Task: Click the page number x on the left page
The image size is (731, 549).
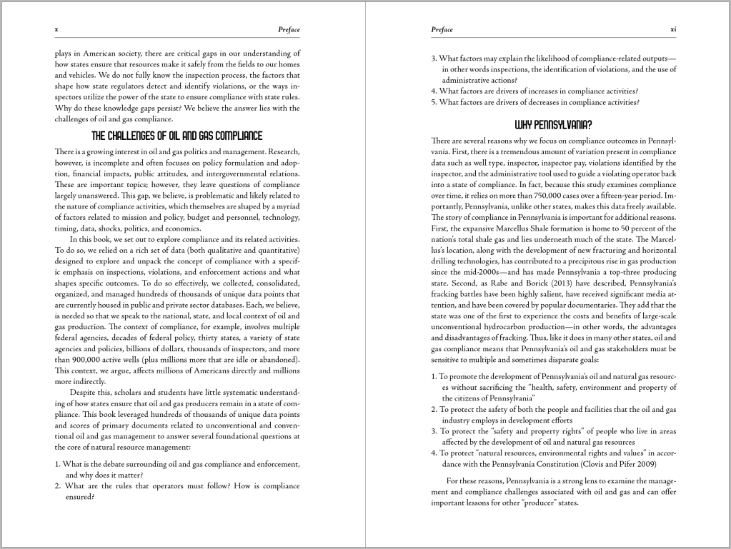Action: pyautogui.click(x=56, y=29)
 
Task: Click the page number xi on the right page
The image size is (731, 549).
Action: pyautogui.click(x=672, y=29)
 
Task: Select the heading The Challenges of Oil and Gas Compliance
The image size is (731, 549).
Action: pyautogui.click(x=177, y=136)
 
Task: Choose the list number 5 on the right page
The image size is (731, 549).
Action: pyautogui.click(x=434, y=102)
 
